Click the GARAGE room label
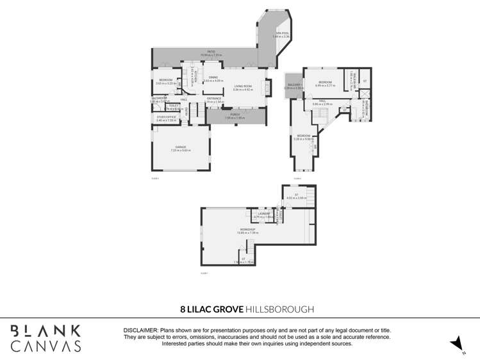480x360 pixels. pyautogui.click(x=181, y=147)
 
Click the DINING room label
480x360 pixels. pyautogui.click(x=213, y=78)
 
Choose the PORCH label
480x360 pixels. pyautogui.click(x=235, y=115)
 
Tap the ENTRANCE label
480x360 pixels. pyautogui.click(x=214, y=98)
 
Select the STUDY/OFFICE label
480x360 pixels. pyautogui.click(x=167, y=117)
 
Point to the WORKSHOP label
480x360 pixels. pyautogui.click(x=247, y=229)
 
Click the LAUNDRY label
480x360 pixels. pyautogui.click(x=263, y=213)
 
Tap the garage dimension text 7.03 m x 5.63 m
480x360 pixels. pyautogui.click(x=181, y=151)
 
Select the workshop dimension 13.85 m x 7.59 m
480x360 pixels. pyautogui.click(x=247, y=233)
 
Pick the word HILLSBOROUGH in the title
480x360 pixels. pyautogui.click(x=280, y=309)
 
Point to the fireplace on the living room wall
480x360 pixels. pyautogui.click(x=267, y=88)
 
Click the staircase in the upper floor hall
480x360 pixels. pyautogui.click(x=320, y=114)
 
